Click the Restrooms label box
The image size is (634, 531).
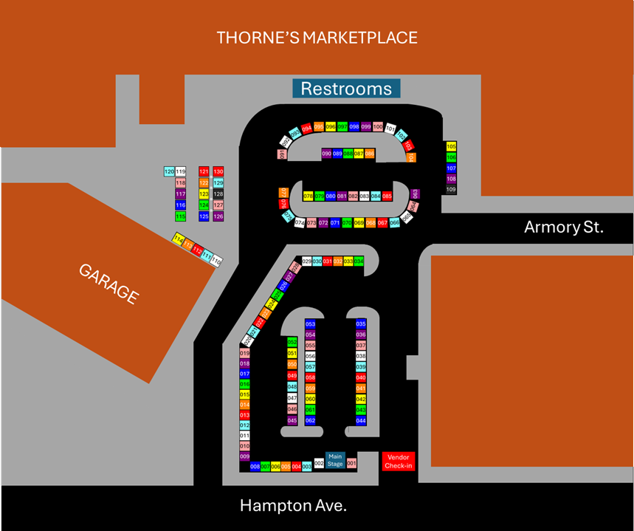click(346, 89)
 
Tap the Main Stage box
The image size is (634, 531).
click(335, 459)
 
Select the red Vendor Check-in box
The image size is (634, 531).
click(399, 461)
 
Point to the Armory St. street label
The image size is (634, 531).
click(563, 227)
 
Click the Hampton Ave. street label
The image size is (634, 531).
click(293, 506)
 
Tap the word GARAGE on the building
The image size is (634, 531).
click(108, 283)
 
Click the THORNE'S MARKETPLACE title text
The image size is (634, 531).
click(317, 38)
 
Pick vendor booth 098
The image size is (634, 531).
click(354, 127)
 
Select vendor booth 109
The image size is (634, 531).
click(452, 190)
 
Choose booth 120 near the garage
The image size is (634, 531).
click(168, 172)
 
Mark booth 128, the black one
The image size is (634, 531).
click(218, 194)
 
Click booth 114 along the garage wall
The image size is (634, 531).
click(179, 239)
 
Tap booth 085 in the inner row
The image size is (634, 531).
click(387, 196)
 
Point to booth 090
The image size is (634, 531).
click(326, 154)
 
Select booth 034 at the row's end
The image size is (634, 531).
click(359, 261)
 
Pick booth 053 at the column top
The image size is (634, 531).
click(310, 324)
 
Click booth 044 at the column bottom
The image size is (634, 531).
click(361, 420)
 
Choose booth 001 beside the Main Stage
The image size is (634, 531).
click(351, 463)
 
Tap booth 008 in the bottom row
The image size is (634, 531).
click(255, 467)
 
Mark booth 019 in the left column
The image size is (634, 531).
click(245, 354)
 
